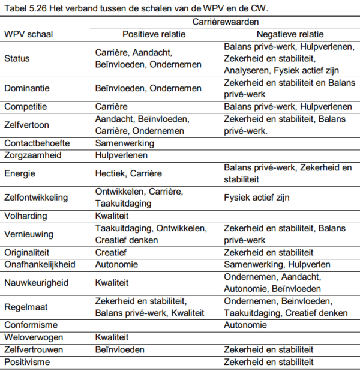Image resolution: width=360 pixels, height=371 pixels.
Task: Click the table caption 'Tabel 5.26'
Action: (25, 8)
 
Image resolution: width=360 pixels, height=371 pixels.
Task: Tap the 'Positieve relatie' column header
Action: (154, 34)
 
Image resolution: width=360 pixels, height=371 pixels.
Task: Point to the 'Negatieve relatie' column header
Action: (285, 34)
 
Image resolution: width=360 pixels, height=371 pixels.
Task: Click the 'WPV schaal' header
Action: (28, 34)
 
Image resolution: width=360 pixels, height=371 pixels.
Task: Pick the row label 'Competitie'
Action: (25, 106)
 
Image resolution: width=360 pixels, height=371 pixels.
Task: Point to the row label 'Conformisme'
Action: (29, 325)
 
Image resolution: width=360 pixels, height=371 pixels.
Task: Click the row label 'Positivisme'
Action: (27, 361)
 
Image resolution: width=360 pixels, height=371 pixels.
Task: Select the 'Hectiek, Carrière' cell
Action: (128, 173)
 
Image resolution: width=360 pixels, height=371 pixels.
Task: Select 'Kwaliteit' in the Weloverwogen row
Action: (112, 337)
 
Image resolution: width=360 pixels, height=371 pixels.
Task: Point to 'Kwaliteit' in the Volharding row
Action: (112, 215)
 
